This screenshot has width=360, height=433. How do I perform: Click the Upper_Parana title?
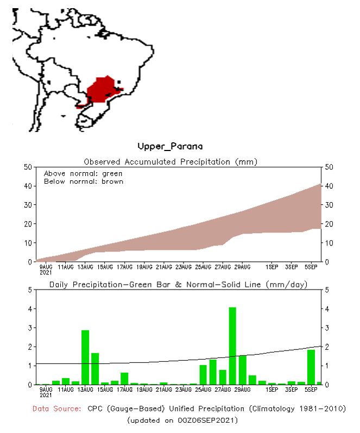tap(170, 147)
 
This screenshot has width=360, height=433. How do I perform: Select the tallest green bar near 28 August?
tap(232, 346)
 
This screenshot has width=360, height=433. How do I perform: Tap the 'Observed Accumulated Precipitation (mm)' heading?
tap(170, 161)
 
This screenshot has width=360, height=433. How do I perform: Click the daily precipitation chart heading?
tap(178, 284)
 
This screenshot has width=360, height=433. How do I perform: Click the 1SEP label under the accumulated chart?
tap(272, 267)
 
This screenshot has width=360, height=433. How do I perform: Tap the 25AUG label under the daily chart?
tap(203, 390)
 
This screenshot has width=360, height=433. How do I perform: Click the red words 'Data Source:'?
tap(57, 409)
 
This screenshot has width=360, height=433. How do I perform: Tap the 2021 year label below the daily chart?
tap(46, 395)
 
